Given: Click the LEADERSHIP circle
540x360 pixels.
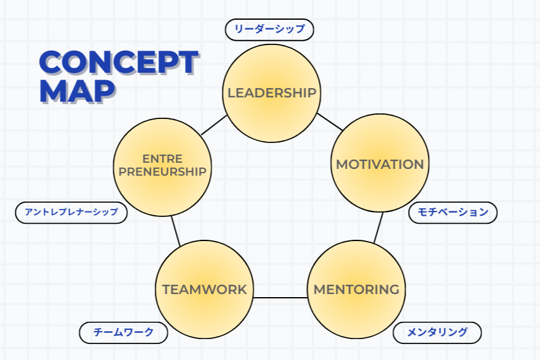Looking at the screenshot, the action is pyautogui.click(x=272, y=93).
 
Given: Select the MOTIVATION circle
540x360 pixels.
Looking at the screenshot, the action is pyautogui.click(x=380, y=163).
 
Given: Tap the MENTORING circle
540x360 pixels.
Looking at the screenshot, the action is pyautogui.click(x=356, y=289).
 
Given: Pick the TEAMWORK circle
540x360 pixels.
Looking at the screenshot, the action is pyautogui.click(x=204, y=289).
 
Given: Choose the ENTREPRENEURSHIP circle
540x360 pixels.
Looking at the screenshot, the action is pyautogui.click(x=162, y=168).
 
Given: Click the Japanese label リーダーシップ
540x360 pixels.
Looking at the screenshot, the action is pyautogui.click(x=269, y=30).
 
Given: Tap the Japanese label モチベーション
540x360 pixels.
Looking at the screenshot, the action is pyautogui.click(x=453, y=213).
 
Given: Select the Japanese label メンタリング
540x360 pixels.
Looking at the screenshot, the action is pyautogui.click(x=437, y=333).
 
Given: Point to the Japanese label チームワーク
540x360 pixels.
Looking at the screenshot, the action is pyautogui.click(x=123, y=333).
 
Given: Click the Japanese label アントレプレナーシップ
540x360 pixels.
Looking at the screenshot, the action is pyautogui.click(x=72, y=213).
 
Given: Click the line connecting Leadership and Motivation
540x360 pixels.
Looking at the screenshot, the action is pyautogui.click(x=330, y=122).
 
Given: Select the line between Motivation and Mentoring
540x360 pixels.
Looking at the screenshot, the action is pyautogui.click(x=378, y=227).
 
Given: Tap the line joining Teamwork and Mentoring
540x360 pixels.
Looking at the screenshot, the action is pyautogui.click(x=280, y=298).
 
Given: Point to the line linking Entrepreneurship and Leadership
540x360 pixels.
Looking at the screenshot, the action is pyautogui.click(x=214, y=125).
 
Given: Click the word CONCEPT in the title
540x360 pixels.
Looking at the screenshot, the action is pyautogui.click(x=119, y=62).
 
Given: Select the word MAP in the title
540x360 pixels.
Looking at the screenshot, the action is pyautogui.click(x=77, y=91).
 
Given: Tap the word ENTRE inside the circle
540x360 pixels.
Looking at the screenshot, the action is pyautogui.click(x=162, y=159).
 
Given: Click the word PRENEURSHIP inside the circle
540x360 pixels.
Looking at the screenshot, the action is pyautogui.click(x=162, y=171).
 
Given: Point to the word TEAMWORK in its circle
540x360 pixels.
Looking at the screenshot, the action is pyautogui.click(x=205, y=290).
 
